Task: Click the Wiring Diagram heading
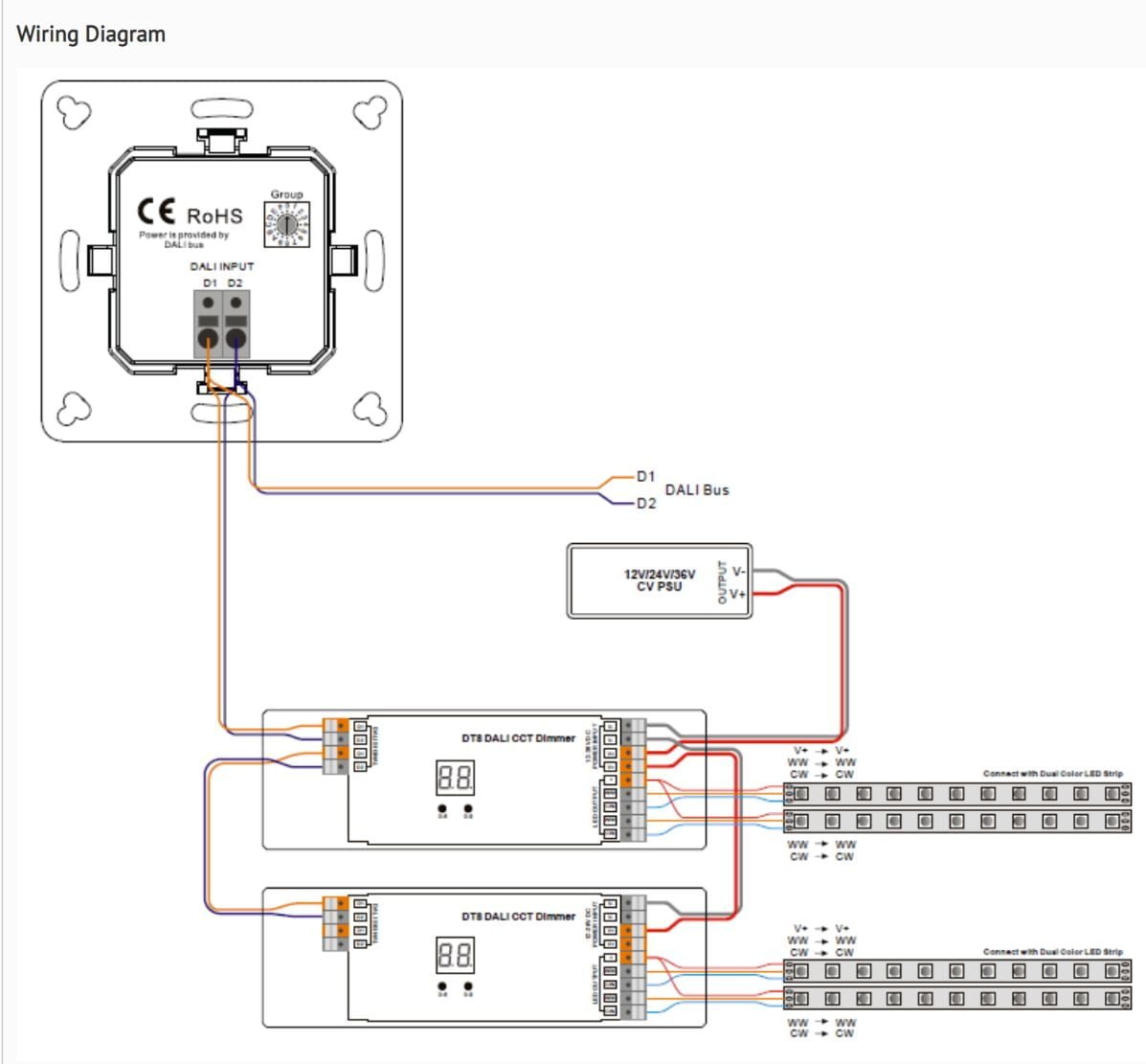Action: coord(91,34)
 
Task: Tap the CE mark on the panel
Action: coord(157,212)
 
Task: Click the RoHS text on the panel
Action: coord(214,216)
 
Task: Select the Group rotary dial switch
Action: coord(286,224)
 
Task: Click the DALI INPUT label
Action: coord(221,266)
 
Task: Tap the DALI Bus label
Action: coord(697,489)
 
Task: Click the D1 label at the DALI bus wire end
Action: coord(646,476)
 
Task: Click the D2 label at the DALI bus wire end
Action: coord(646,504)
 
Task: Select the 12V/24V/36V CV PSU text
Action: coord(660,580)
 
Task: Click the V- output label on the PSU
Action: coord(738,572)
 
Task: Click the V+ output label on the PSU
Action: coord(738,595)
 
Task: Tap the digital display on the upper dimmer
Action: coord(455,778)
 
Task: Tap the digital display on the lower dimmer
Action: coord(455,955)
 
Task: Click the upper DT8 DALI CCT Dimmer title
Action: coord(518,738)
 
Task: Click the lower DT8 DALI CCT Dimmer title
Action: coord(518,917)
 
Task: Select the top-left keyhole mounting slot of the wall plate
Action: coord(74,113)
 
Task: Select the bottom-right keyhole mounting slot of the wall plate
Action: coord(370,409)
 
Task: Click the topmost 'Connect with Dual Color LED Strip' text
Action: coord(1052,774)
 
